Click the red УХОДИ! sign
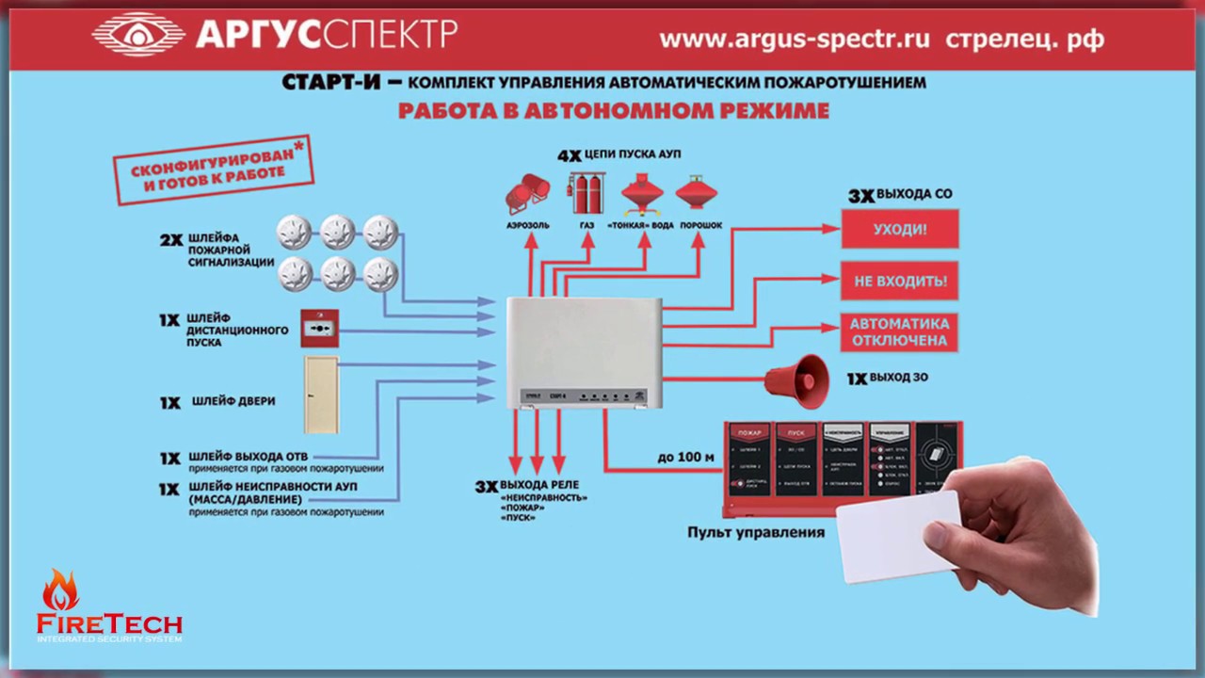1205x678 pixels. tap(899, 229)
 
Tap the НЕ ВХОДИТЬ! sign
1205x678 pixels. tap(899, 281)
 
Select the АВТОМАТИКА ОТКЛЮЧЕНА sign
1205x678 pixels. tap(899, 331)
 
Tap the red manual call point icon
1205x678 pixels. tap(319, 329)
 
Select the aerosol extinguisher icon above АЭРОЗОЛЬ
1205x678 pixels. tap(527, 193)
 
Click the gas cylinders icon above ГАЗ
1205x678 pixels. tap(586, 192)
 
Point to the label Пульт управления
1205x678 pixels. tap(756, 532)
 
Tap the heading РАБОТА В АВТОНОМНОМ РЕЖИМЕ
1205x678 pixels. tap(613, 111)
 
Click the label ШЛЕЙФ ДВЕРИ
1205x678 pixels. tap(233, 401)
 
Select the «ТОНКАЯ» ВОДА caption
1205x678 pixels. tap(641, 226)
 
